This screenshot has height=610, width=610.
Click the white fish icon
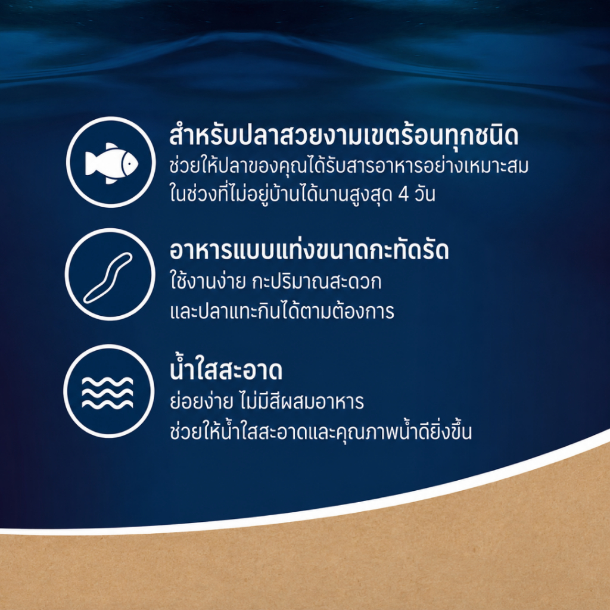coord(111,163)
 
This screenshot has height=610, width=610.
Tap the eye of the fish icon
coord(127,164)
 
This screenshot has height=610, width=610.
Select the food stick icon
coord(108,278)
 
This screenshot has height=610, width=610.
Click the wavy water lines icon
coord(107,393)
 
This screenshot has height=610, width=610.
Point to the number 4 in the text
coord(403,195)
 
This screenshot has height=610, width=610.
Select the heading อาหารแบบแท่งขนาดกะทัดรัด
coord(309,250)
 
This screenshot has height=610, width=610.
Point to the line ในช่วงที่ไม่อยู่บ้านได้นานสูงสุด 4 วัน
coord(302,194)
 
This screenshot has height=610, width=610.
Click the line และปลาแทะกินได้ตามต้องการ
coord(282,311)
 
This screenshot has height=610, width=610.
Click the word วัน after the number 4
coord(424,194)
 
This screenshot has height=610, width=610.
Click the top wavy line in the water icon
coord(107,382)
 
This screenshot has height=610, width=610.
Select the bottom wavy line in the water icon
coord(107,404)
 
